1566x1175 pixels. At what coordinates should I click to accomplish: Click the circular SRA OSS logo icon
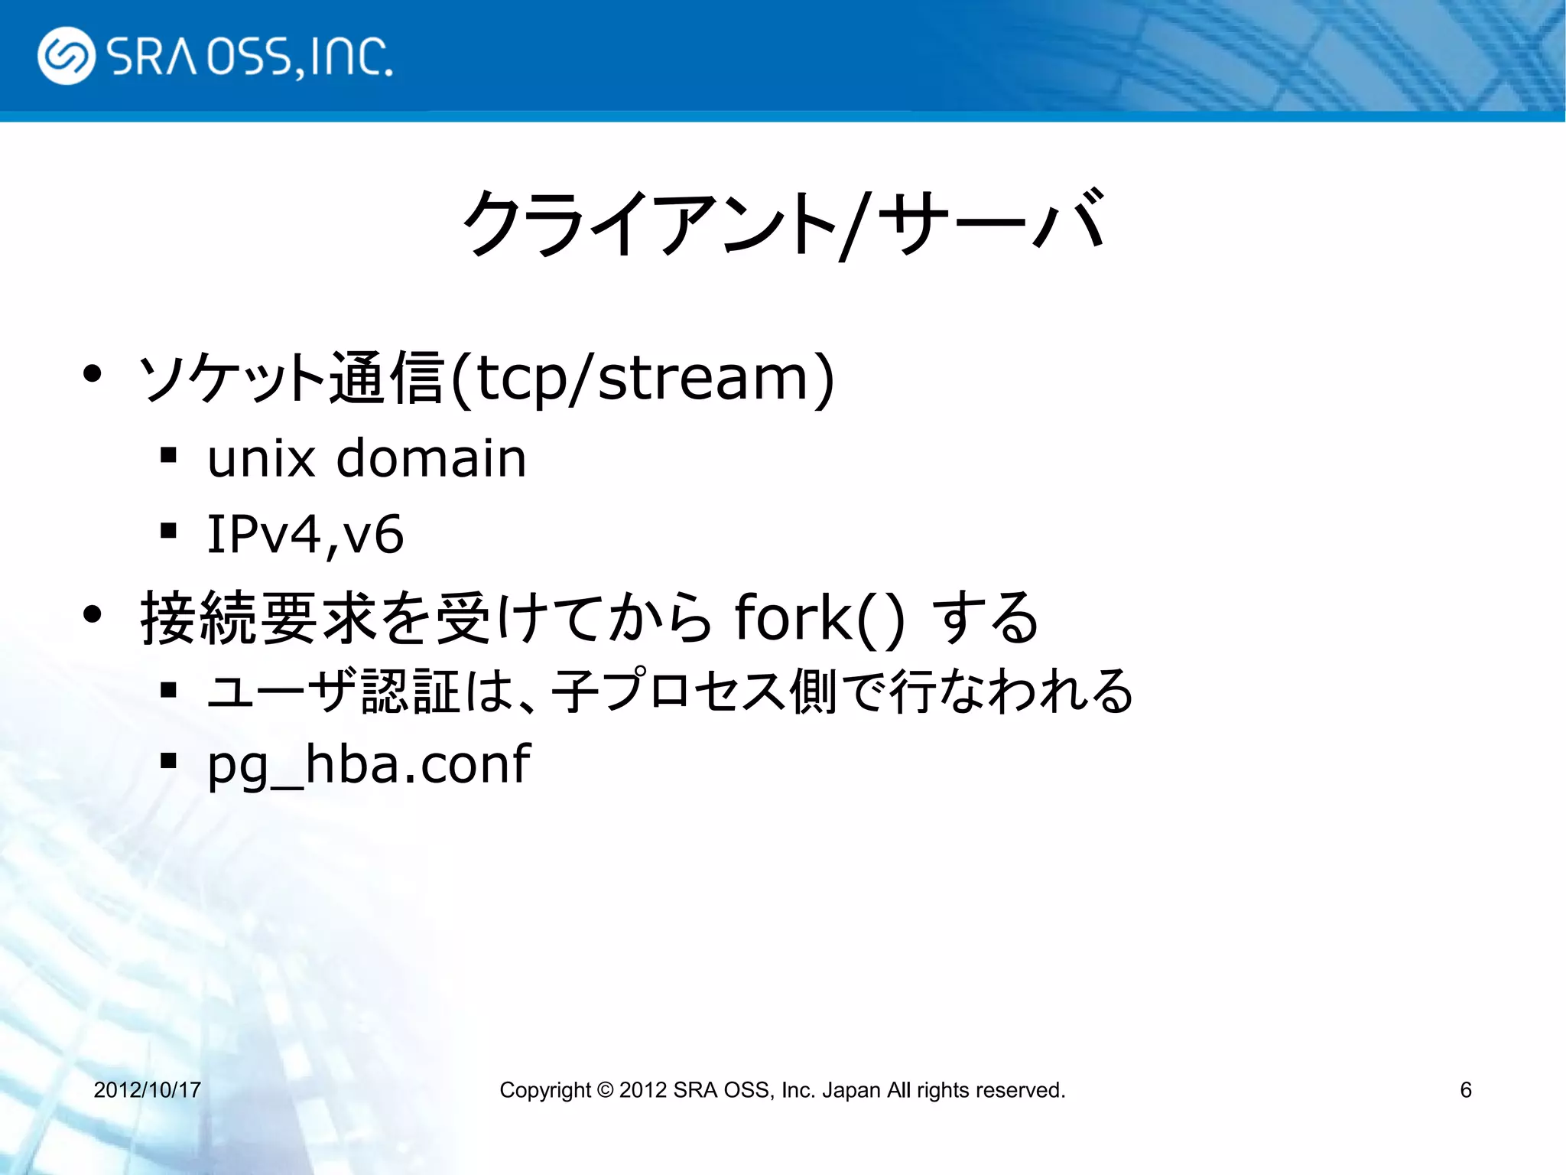66,56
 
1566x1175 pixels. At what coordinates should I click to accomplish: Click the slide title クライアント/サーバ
783,223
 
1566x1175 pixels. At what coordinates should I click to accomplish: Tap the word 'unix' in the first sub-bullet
261,459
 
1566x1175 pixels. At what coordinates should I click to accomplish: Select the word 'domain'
431,459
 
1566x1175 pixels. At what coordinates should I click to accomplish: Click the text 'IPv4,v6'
305,534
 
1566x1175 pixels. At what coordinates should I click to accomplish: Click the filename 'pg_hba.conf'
369,764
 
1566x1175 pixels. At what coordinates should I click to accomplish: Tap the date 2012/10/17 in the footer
147,1089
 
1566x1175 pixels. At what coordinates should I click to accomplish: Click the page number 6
1465,1089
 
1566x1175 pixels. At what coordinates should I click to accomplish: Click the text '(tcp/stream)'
642,378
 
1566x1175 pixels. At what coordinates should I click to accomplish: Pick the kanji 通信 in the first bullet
386,378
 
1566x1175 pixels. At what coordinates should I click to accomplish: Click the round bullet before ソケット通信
93,375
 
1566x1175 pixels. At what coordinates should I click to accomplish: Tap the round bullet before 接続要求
93,614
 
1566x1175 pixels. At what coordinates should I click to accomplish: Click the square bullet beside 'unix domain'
169,456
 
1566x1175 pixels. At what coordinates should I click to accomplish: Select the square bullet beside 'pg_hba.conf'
169,760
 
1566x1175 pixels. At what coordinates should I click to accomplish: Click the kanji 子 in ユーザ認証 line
576,691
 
